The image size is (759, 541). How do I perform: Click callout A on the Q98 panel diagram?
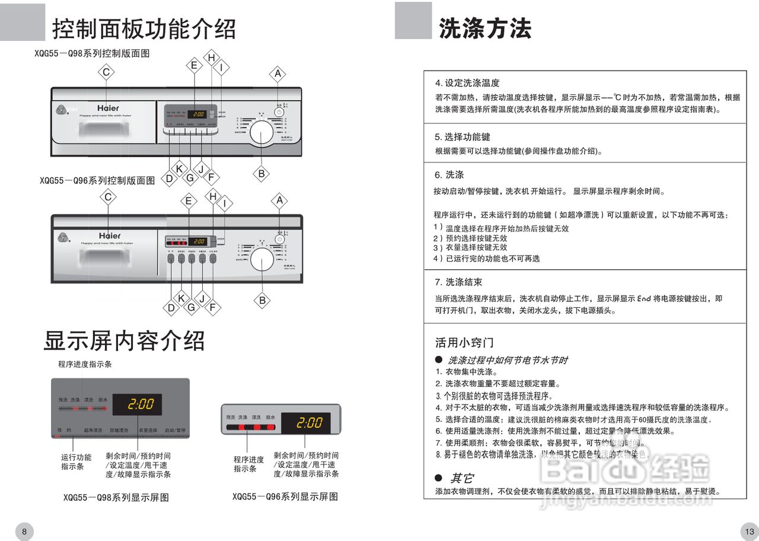[x=278, y=74]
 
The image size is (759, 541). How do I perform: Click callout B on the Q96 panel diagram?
[x=263, y=300]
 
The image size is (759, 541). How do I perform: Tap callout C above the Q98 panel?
[x=106, y=72]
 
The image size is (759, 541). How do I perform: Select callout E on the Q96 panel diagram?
[x=189, y=201]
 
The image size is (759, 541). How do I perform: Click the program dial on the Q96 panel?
[x=262, y=259]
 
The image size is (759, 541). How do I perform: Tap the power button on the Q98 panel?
[x=279, y=112]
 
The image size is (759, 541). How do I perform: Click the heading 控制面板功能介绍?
[x=144, y=28]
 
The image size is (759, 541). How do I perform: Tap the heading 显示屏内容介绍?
[x=125, y=340]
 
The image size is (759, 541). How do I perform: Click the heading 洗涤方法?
[x=485, y=28]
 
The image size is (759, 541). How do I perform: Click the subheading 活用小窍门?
[x=464, y=343]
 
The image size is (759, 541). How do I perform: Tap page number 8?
[x=24, y=532]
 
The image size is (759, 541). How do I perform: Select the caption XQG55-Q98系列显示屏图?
[x=116, y=498]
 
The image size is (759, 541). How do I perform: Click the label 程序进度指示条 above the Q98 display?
[x=85, y=364]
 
